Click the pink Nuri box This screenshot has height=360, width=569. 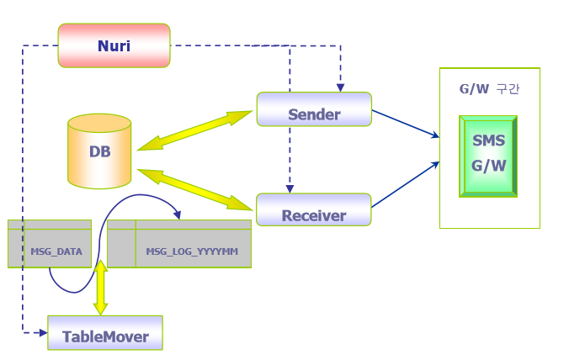(114, 45)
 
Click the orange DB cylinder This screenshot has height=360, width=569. (99, 153)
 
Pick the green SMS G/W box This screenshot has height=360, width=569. (488, 156)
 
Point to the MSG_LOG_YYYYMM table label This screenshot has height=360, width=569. (192, 251)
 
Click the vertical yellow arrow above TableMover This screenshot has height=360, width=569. (101, 289)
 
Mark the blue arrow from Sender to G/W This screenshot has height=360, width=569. (406, 123)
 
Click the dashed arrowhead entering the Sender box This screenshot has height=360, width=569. (341, 87)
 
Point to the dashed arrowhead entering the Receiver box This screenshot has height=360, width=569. (290, 188)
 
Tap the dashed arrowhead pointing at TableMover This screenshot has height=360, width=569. (42, 332)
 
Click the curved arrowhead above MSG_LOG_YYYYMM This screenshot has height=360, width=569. (176, 214)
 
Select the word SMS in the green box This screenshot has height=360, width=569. (488, 140)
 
